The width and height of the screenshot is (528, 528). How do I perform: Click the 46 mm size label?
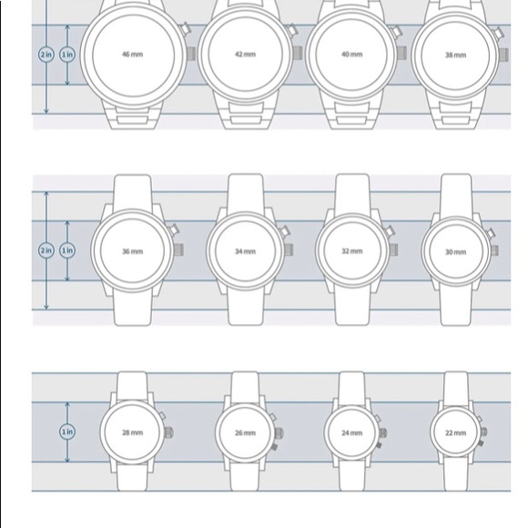point(132,55)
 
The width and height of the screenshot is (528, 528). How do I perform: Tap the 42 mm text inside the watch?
point(245,55)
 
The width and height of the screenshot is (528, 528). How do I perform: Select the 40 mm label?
point(352,55)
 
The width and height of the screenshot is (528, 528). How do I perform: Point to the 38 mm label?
point(455,55)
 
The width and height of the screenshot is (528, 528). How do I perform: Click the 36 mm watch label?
point(132,251)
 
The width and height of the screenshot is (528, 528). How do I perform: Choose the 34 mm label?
point(245,251)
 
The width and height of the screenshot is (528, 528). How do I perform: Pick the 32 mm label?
point(352,251)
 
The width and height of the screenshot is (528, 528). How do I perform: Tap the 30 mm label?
point(455,252)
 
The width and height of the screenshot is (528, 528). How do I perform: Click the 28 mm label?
point(132,432)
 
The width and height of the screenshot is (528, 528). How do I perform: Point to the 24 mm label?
point(352,432)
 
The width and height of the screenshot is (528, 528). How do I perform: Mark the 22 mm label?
point(455,432)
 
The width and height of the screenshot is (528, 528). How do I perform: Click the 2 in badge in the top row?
point(46,55)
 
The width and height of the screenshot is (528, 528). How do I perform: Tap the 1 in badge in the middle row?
point(67,250)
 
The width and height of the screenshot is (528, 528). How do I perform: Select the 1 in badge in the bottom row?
point(67,432)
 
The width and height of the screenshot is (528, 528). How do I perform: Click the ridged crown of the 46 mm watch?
point(191,54)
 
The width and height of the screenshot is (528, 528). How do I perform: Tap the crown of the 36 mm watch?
point(178,249)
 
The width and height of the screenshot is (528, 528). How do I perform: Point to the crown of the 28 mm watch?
point(168,432)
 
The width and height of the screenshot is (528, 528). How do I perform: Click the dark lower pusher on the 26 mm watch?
point(274,447)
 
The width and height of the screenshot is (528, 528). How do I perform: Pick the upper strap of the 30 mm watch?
point(456,195)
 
